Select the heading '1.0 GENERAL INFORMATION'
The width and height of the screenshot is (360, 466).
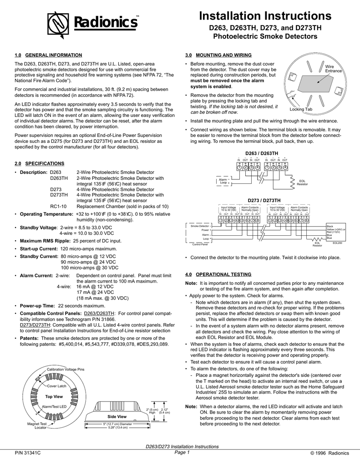49,55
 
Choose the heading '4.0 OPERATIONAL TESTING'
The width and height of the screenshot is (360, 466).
218,274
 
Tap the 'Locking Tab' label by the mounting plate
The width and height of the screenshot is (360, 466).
301,110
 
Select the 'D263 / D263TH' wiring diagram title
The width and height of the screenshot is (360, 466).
262,153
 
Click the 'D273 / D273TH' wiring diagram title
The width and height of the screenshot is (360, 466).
264,200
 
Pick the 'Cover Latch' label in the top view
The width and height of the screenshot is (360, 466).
57,386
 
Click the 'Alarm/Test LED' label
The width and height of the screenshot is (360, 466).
54,406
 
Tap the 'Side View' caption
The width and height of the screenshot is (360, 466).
117,417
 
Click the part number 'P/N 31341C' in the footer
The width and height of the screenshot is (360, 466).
28,453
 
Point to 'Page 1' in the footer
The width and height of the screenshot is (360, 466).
181,452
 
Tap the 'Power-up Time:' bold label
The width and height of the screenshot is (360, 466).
38,306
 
